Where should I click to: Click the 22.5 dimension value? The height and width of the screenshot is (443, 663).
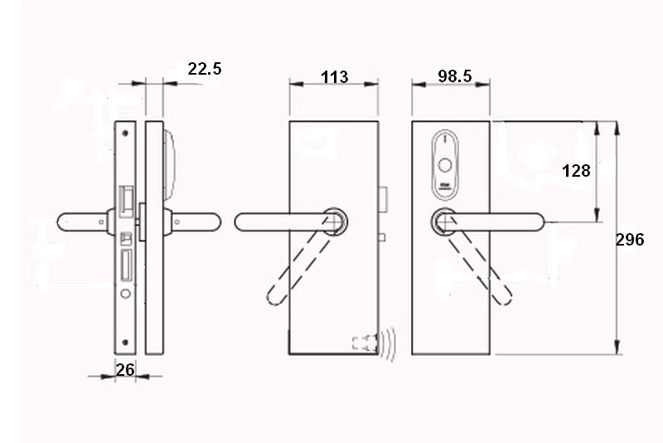click(204, 69)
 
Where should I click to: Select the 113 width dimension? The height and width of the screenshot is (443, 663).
click(334, 77)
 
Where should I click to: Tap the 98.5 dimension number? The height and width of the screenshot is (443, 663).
click(454, 76)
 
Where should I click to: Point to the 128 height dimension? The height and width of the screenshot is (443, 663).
click(576, 171)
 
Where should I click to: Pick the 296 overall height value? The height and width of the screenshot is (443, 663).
click(631, 240)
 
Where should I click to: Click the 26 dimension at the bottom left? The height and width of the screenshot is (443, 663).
click(125, 369)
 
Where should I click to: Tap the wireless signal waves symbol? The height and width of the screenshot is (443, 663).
click(388, 343)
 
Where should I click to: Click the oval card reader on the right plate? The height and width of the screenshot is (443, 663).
click(446, 165)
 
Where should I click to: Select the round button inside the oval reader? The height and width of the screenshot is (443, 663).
click(446, 164)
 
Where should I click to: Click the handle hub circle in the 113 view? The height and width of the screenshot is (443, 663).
click(336, 221)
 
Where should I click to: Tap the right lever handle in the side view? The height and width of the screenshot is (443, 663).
click(196, 221)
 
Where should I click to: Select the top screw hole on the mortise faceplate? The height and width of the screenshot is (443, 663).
click(124, 132)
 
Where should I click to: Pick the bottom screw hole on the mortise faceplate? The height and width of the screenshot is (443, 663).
click(124, 343)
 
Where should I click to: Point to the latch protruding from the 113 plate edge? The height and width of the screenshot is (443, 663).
click(385, 199)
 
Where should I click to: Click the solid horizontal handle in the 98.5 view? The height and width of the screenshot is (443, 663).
click(497, 221)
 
